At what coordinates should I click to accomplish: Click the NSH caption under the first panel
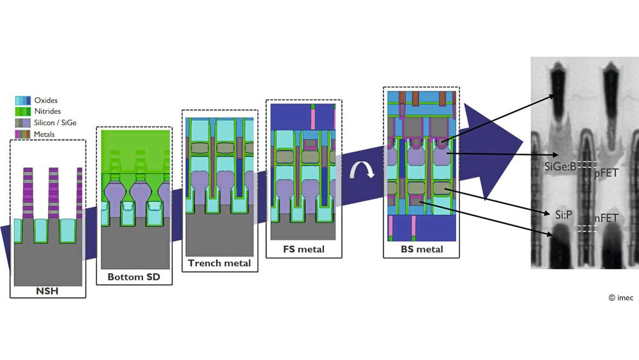tap(48, 292)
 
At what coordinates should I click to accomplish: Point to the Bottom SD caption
tap(134, 278)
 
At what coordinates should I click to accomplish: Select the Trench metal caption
tap(219, 263)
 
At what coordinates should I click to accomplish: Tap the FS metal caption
tap(304, 249)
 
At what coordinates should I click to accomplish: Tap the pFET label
tap(606, 173)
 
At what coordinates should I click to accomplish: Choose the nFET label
tap(606, 219)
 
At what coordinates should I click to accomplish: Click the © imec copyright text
tap(620, 298)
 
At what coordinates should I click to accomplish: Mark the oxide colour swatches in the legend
tap(23, 100)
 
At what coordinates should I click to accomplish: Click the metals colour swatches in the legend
tap(23, 134)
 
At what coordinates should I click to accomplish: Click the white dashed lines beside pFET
tap(587, 163)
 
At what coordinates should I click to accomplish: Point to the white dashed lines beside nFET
tap(587, 228)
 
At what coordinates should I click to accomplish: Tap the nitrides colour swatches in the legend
tap(23, 111)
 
